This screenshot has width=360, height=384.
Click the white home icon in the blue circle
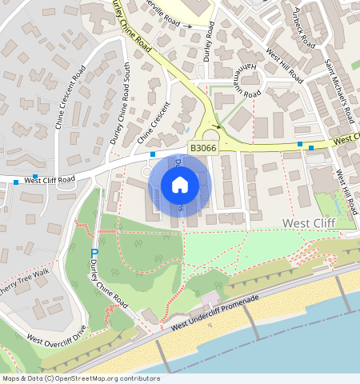click(x=180, y=186)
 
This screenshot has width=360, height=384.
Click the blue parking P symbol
click(x=94, y=254)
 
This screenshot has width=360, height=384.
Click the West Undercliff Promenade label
click(x=216, y=314)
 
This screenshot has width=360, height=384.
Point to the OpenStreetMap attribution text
click(x=80, y=378)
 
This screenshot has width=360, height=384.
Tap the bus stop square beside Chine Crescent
click(x=152, y=154)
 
